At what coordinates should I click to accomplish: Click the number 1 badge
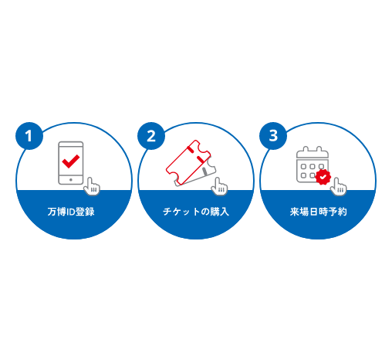(29, 136)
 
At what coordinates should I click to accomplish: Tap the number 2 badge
(151, 136)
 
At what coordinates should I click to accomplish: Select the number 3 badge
(273, 136)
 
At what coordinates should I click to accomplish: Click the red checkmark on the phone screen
(71, 161)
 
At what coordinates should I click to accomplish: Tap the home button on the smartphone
(71, 180)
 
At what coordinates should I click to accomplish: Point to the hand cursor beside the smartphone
(92, 186)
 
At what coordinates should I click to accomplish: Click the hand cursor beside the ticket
(219, 186)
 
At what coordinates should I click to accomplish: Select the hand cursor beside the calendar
(338, 186)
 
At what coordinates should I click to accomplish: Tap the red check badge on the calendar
(323, 177)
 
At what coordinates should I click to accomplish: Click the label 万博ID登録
(71, 212)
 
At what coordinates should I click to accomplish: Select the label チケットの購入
(196, 212)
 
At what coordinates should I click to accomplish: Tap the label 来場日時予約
(318, 212)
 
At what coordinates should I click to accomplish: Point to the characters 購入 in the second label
(219, 212)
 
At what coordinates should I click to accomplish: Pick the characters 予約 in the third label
(337, 212)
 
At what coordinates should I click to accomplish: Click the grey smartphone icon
(71, 163)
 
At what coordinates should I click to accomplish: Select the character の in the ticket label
(205, 212)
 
